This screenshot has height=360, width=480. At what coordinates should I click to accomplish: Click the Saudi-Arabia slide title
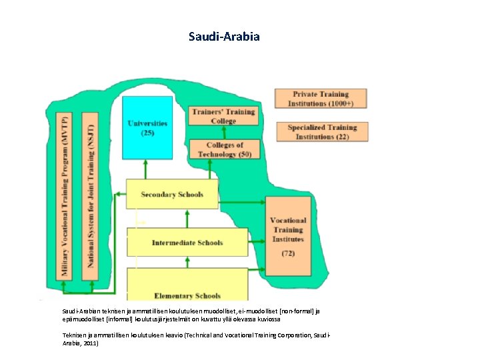(x=224, y=36)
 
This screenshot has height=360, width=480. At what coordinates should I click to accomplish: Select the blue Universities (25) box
(x=147, y=128)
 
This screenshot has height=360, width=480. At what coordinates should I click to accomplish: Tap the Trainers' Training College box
(x=223, y=116)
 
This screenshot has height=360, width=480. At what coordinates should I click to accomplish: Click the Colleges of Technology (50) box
(x=224, y=149)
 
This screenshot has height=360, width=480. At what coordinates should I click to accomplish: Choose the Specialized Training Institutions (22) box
(x=322, y=131)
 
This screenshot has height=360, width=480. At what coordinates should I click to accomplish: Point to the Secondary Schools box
(x=172, y=195)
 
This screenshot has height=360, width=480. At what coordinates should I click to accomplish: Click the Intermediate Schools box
(x=187, y=243)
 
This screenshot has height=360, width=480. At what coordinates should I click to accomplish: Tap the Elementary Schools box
(x=187, y=295)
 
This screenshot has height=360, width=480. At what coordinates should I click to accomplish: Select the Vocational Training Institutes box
(x=288, y=236)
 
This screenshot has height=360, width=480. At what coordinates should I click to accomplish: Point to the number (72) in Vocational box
(x=288, y=253)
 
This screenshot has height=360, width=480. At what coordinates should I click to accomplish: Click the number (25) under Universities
(x=147, y=133)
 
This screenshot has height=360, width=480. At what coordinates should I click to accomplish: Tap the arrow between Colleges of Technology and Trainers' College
(x=223, y=132)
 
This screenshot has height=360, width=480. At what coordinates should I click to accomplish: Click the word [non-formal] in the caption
(x=297, y=311)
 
